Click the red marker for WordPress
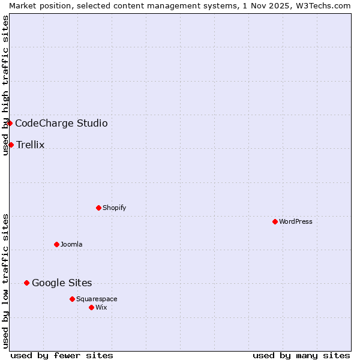point(275,221)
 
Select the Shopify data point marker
point(98,208)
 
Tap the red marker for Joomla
point(56,244)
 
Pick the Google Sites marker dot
point(26,283)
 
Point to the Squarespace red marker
point(72,299)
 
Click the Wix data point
point(91,307)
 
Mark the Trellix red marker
point(11,145)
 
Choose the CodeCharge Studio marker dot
point(10,123)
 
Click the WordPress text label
point(296,221)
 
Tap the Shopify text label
point(114,208)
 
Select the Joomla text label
point(71,244)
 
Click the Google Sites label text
point(62,283)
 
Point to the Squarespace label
point(97,299)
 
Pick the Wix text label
point(101,307)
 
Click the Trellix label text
point(31,145)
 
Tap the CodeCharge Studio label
point(61,123)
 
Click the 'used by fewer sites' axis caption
point(62,355)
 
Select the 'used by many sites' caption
point(301,355)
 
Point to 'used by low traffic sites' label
point(5,281)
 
